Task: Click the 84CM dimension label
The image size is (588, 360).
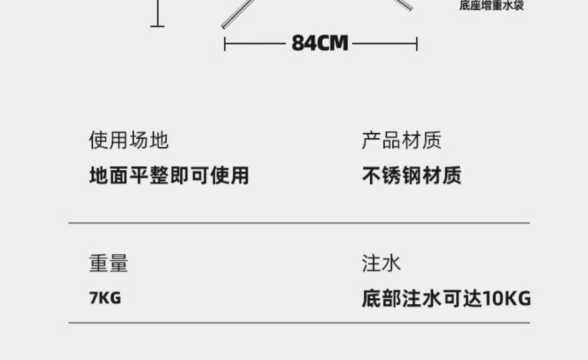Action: pos(320,43)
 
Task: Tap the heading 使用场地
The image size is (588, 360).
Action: pos(129,140)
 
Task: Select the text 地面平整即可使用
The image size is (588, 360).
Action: pos(169,175)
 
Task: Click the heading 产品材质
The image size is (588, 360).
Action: pos(401,140)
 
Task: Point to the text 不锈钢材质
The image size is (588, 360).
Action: pos(412,175)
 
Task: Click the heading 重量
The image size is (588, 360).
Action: pos(109,263)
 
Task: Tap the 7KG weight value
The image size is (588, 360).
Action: pos(105,298)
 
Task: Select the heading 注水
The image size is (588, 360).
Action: pos(381,263)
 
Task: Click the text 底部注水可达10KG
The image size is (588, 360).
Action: pos(446,298)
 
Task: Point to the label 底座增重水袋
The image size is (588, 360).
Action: pos(492,5)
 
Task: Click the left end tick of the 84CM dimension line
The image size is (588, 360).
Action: pos(225,44)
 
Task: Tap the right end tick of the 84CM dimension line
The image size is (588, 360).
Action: pos(417,44)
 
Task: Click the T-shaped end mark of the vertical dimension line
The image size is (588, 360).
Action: pos(158,26)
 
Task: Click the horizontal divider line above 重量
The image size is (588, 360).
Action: pos(299,223)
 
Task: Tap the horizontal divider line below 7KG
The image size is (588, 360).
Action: pos(299,323)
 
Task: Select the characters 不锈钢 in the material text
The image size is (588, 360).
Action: pos(392,175)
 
